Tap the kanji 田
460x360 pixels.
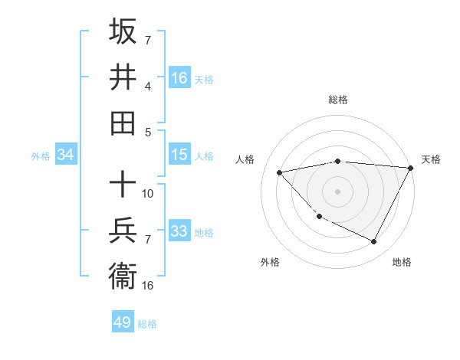tap(123, 122)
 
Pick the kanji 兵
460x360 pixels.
tap(123, 230)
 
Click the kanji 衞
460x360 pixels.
tap(123, 275)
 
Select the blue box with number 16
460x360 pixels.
tap(179, 77)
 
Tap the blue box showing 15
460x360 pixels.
tap(179, 155)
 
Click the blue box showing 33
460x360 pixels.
tap(179, 231)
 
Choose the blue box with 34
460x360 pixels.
tap(65, 155)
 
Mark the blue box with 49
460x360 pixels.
tap(123, 322)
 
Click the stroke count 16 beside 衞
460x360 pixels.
tap(148, 286)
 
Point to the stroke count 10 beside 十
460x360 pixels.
tap(148, 194)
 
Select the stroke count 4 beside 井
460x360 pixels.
tap(148, 86)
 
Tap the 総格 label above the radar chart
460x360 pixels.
tap(338, 100)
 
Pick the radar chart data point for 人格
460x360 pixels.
tap(280, 172)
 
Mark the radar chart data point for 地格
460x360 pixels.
tap(373, 242)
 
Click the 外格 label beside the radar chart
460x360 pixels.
tap(270, 262)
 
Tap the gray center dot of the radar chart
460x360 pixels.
tap(338, 191)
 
